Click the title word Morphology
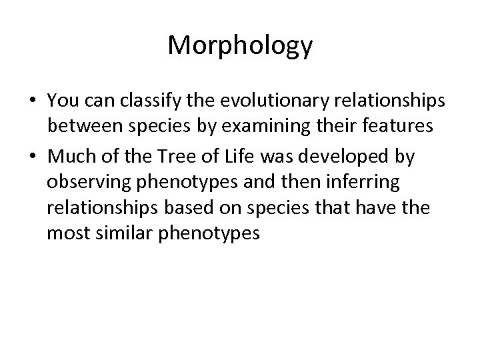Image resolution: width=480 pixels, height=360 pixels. tap(240, 46)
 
